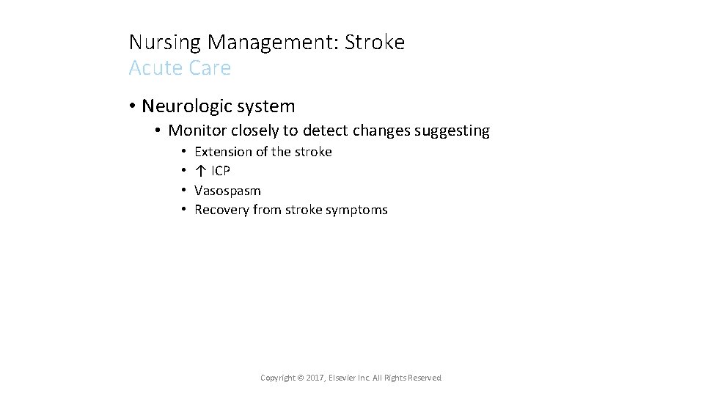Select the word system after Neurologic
(x=266, y=106)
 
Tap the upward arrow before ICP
(x=199, y=171)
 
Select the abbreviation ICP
(x=221, y=171)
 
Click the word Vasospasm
(x=227, y=191)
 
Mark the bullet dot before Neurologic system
(x=133, y=106)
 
